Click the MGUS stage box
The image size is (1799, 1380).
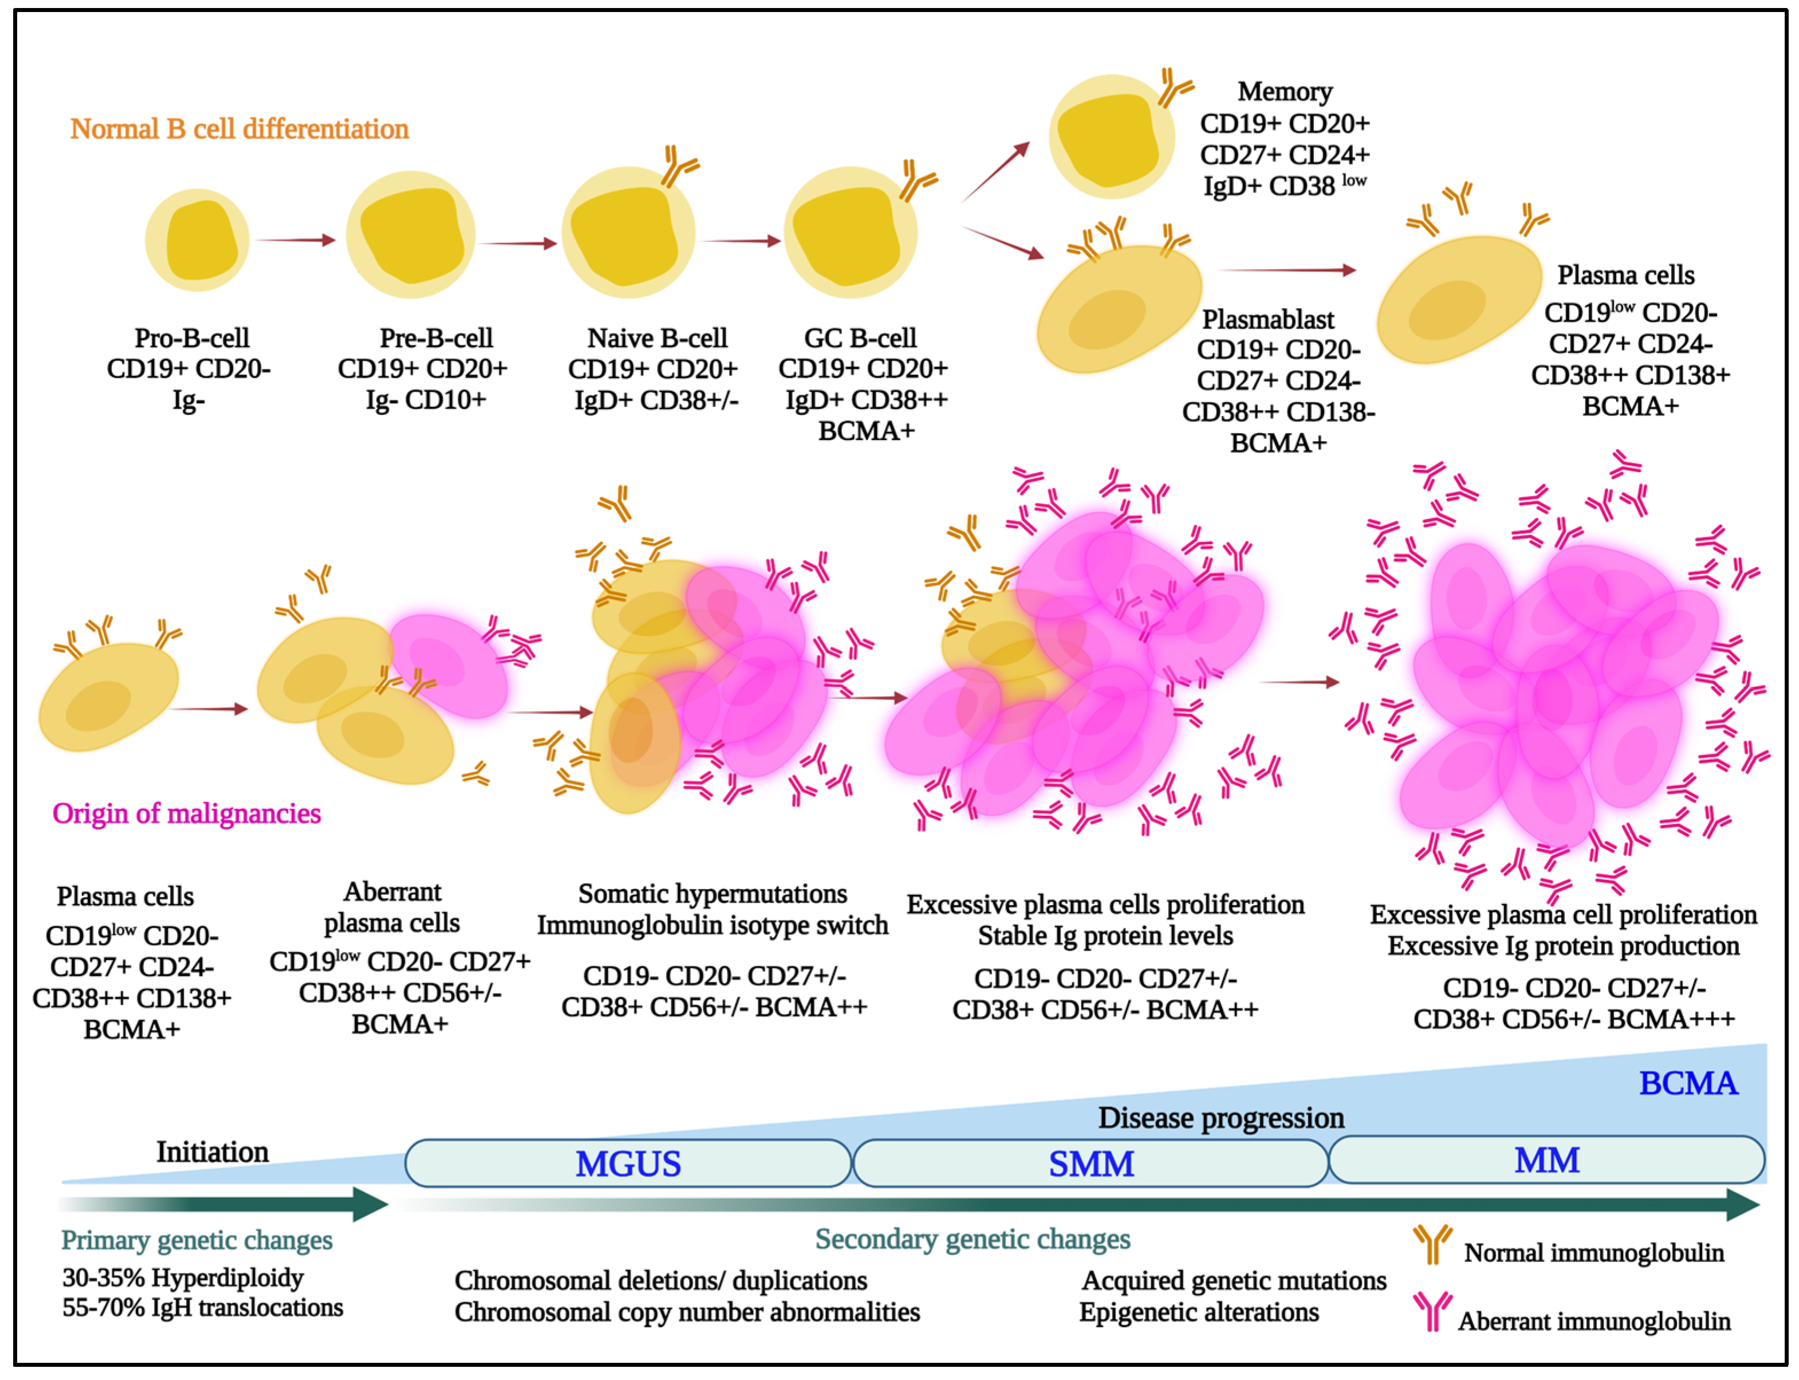coord(628,1163)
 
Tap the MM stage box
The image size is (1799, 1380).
coord(1546,1160)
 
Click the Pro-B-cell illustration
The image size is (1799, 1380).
coord(197,240)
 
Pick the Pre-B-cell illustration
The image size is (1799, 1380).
coord(411,235)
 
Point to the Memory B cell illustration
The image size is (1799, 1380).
coord(1111,136)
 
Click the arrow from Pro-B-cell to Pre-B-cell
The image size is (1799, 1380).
coord(296,240)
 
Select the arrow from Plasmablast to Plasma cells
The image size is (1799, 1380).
coord(1286,269)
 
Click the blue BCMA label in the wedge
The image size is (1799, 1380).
coord(1687,1083)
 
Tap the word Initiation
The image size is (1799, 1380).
coord(212,1151)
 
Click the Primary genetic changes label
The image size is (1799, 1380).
coord(197,1240)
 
